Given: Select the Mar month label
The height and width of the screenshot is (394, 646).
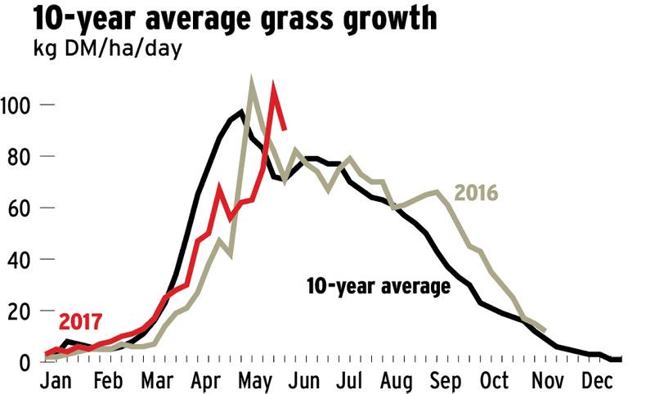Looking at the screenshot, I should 157,383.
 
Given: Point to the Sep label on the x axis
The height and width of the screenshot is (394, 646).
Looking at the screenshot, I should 445,383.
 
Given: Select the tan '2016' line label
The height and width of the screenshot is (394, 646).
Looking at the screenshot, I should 476,194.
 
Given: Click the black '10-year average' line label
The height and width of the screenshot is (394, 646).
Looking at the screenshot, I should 378,287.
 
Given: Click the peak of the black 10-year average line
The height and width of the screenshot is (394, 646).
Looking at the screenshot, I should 241,111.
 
